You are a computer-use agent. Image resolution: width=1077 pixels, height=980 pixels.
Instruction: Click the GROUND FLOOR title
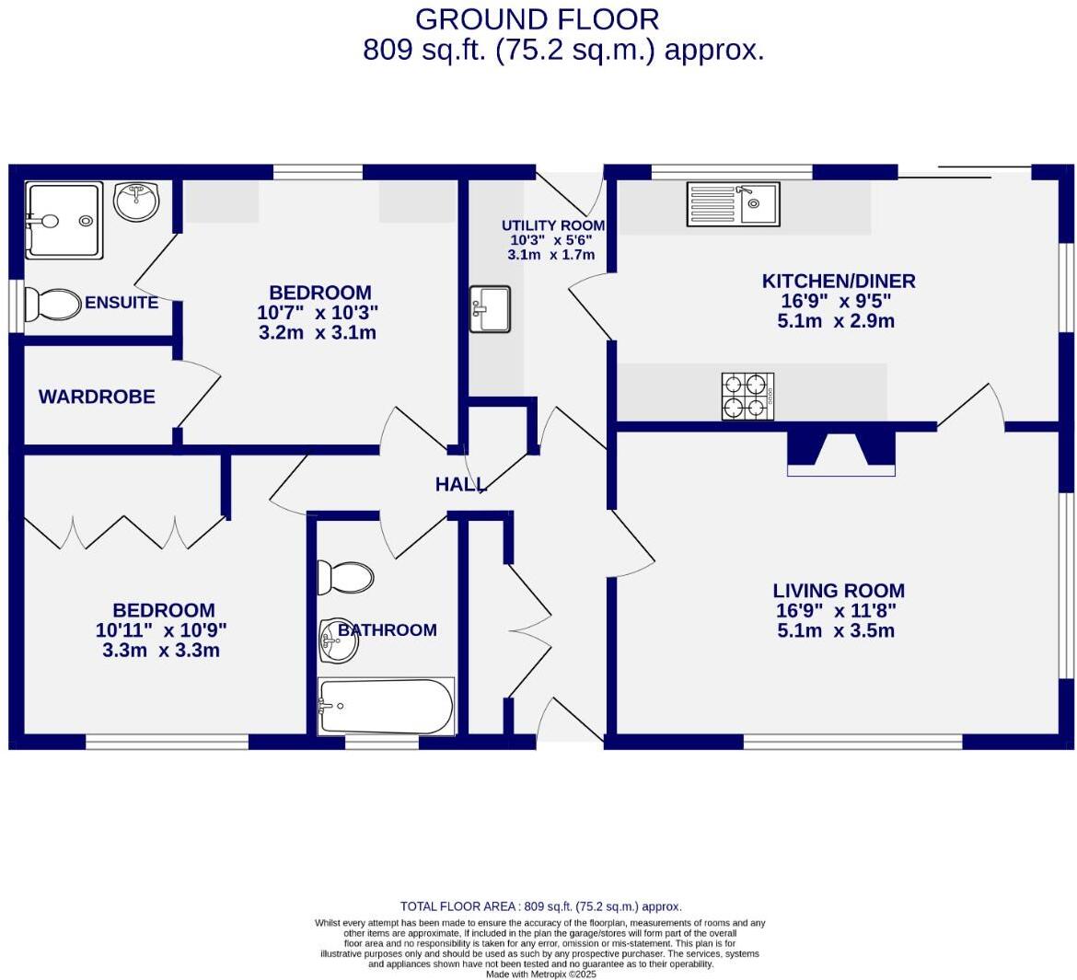pyautogui.click(x=537, y=19)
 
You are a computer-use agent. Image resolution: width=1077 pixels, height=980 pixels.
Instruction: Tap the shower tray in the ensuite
pyautogui.click(x=63, y=220)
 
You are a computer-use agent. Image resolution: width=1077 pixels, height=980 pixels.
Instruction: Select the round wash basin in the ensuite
pyautogui.click(x=137, y=201)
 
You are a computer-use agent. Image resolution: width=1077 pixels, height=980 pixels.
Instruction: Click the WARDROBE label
pyautogui.click(x=97, y=397)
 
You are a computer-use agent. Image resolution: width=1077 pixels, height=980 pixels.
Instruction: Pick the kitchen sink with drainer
pyautogui.click(x=733, y=203)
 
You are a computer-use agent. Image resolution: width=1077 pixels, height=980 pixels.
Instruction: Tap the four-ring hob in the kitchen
pyautogui.click(x=747, y=397)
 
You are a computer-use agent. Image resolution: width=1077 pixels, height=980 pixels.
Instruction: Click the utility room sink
pyautogui.click(x=490, y=309)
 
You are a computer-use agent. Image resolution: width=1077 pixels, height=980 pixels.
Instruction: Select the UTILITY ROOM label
pyautogui.click(x=553, y=225)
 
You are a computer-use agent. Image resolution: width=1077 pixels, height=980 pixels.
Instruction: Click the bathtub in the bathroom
pyautogui.click(x=386, y=707)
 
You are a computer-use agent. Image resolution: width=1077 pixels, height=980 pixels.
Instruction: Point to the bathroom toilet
pyautogui.click(x=345, y=577)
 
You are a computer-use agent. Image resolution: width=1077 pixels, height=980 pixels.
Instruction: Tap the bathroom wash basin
pyautogui.click(x=338, y=640)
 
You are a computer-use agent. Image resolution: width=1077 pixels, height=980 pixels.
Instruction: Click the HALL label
pyautogui.click(x=460, y=484)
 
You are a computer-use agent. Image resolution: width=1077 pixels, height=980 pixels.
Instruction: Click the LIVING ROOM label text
pyautogui.click(x=838, y=591)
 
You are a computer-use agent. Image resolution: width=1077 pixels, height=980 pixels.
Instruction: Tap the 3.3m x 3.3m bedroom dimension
pyautogui.click(x=161, y=651)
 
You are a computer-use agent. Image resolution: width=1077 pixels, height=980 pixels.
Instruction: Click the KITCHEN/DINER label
pyautogui.click(x=838, y=281)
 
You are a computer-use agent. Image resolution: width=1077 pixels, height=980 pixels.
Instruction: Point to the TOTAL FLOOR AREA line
pyautogui.click(x=540, y=906)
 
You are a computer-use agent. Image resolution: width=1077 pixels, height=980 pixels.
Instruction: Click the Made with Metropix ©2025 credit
pyautogui.click(x=540, y=974)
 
